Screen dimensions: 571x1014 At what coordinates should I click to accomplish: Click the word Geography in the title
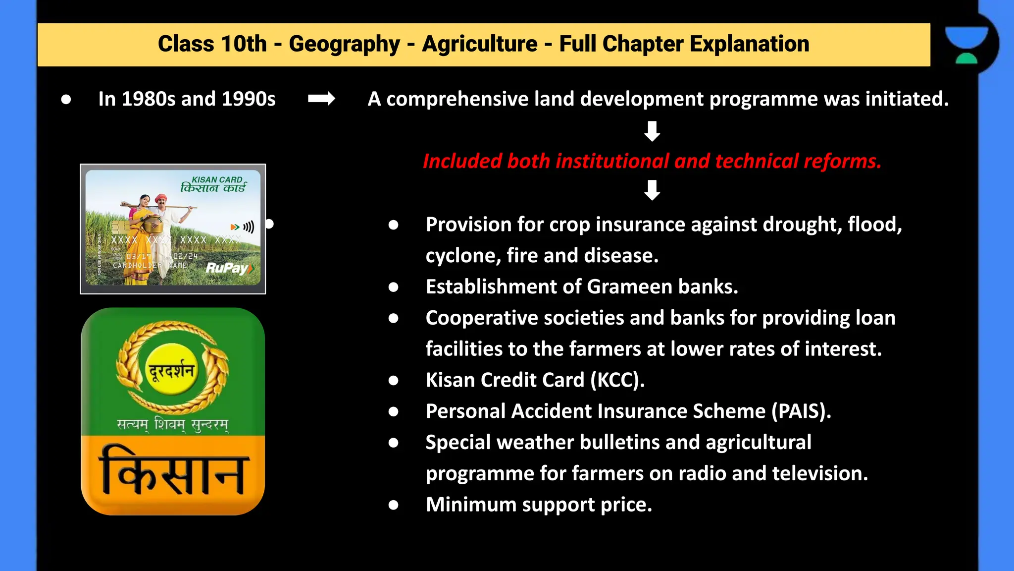344,44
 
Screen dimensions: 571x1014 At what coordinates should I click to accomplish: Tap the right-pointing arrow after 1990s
321,99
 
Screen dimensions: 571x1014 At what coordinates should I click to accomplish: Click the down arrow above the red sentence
652,131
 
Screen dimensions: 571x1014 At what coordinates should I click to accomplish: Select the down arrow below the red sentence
652,190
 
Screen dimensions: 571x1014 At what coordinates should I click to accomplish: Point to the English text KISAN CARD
217,179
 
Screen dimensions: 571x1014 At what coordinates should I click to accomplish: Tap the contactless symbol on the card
248,227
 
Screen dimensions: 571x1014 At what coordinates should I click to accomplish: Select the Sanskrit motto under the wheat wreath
172,424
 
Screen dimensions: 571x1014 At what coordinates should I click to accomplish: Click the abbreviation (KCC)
617,380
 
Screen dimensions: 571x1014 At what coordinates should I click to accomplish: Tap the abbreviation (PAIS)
801,411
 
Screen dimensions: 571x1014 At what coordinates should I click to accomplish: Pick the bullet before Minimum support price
394,505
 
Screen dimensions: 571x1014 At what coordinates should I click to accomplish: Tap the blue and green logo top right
966,45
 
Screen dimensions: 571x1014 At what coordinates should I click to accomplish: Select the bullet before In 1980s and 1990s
66,99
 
